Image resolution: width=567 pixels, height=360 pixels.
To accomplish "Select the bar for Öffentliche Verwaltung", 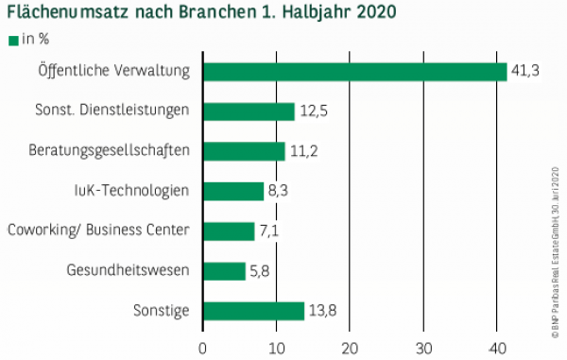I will [x=354, y=72].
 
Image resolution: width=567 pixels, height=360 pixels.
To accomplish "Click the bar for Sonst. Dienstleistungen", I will [x=249, y=111].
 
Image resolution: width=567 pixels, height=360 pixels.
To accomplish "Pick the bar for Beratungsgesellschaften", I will [x=244, y=151].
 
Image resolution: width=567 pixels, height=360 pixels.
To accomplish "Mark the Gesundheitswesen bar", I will [x=224, y=271].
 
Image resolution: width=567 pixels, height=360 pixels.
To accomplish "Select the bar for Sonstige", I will [x=253, y=311].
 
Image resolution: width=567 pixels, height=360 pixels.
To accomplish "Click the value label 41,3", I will [x=525, y=72].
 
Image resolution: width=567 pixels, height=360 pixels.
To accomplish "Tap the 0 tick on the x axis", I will [x=203, y=346].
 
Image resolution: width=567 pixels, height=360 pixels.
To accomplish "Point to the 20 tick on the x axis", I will [x=350, y=346].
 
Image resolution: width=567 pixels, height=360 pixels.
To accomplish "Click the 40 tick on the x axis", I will [x=497, y=346].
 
